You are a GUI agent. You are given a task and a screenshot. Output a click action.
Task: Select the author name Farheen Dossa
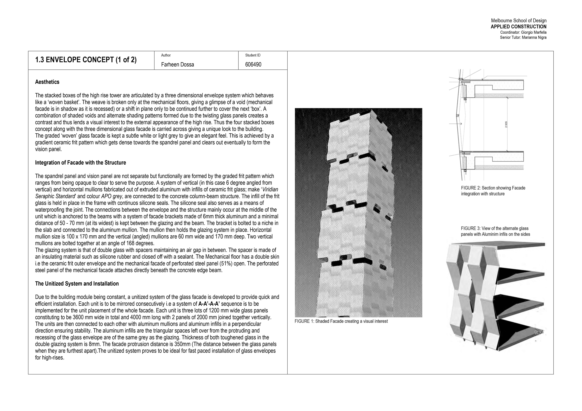(x=177, y=65)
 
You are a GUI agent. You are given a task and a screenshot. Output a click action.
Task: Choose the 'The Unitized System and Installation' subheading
(x=77, y=284)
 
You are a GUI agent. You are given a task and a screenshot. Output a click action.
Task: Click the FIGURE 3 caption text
(x=495, y=231)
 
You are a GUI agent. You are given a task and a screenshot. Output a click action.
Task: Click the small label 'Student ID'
(x=253, y=55)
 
